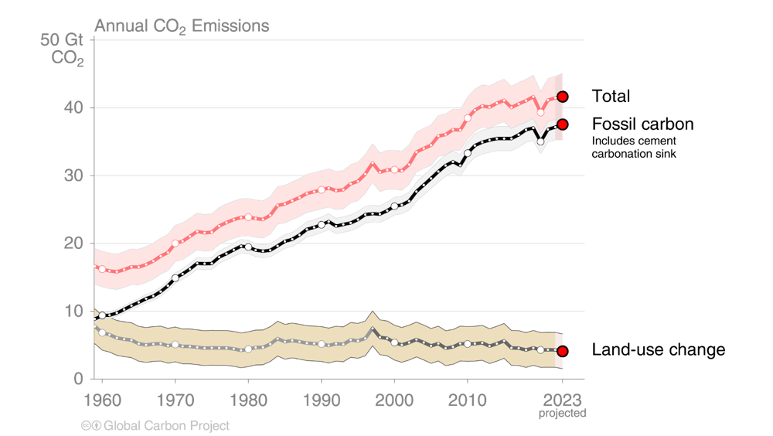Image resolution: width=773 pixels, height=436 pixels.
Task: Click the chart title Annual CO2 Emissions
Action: [x=182, y=26]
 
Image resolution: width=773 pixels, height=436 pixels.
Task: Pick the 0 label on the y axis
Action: [x=78, y=379]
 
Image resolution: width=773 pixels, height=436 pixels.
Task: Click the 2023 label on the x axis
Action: [x=562, y=400]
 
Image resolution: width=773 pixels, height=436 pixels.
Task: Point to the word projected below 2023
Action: [x=562, y=414]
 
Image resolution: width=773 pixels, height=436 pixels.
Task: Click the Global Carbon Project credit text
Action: [x=166, y=425]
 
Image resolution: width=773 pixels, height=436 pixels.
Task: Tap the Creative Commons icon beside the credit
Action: [x=90, y=425]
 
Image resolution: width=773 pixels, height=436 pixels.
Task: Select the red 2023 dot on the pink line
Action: [x=563, y=97]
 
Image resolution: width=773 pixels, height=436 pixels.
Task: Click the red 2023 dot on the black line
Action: [x=563, y=124]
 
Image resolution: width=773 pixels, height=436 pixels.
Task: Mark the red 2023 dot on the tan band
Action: [x=563, y=351]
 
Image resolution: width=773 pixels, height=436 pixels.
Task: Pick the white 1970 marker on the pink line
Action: [x=175, y=244]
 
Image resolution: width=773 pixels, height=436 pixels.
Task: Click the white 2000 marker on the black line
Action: [x=394, y=206]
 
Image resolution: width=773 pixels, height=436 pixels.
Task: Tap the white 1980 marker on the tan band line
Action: [x=248, y=349]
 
